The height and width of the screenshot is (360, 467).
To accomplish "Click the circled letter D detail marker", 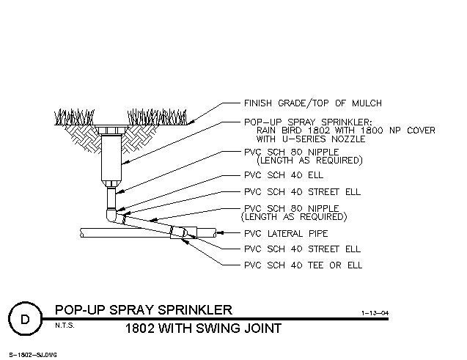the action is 26,319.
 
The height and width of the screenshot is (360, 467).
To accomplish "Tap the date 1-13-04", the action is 375,313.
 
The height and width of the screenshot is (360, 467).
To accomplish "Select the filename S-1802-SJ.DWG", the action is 33,355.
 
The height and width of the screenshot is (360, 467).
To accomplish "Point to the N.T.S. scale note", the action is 65,326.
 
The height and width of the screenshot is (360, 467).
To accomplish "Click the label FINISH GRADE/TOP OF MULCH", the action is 313,103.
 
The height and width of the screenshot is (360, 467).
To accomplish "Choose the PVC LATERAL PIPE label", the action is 286,233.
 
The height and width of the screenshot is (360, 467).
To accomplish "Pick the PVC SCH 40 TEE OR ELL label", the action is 303,265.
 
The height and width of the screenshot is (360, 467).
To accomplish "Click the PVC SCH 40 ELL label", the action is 284,175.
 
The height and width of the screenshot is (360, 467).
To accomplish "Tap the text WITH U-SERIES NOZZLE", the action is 311,139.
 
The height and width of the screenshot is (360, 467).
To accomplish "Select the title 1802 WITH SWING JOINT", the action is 203,328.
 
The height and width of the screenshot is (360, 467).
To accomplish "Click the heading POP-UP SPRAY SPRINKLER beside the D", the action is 144,310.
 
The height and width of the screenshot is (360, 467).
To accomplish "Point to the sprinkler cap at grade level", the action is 111,130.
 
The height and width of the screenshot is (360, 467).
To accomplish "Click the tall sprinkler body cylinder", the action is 111,158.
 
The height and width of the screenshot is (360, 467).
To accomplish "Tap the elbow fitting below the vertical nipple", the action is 112,216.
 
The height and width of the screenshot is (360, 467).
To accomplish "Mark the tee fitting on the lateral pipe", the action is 183,232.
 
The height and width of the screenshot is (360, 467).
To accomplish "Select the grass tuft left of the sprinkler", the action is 75,117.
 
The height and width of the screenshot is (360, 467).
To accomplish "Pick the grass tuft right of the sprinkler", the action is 157,117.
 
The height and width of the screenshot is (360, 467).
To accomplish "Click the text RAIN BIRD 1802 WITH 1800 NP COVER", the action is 346,131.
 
